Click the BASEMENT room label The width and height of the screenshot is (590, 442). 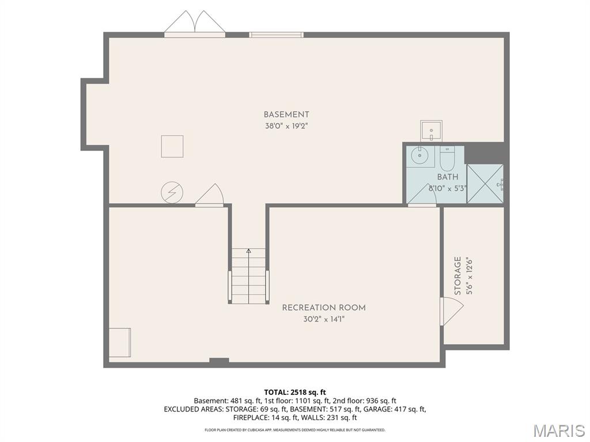[x=286, y=115]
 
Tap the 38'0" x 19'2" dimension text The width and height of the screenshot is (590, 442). [x=286, y=126]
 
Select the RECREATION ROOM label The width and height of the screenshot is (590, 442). [x=323, y=308]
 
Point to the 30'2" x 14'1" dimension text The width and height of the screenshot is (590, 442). [x=323, y=319]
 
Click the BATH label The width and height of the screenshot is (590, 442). [x=447, y=177]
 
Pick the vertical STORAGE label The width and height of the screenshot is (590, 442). [x=458, y=276]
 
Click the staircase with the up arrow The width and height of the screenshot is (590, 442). [x=249, y=276]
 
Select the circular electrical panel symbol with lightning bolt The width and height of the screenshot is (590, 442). [x=171, y=192]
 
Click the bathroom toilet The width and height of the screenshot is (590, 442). [x=447, y=156]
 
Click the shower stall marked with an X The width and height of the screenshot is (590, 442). [x=484, y=184]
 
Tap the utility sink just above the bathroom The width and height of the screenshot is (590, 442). [x=431, y=131]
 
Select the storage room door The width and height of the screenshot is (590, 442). [x=451, y=311]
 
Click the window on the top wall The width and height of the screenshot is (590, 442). [x=276, y=35]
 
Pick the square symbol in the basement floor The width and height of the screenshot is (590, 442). [x=172, y=146]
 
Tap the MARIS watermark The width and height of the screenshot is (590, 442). [x=558, y=430]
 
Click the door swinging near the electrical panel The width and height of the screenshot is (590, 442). [x=210, y=196]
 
